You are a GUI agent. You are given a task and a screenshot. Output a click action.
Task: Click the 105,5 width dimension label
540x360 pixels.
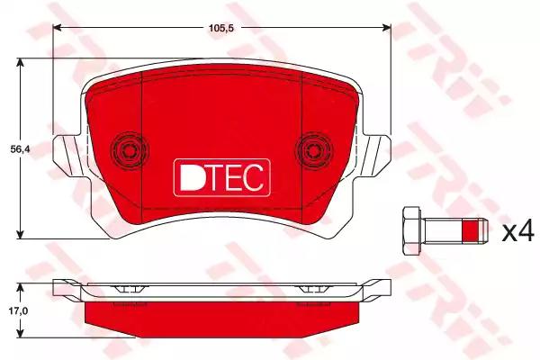[221, 28]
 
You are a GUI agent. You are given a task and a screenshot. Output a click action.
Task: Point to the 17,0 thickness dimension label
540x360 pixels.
[19, 311]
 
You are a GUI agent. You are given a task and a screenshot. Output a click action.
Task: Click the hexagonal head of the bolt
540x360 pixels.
[411, 230]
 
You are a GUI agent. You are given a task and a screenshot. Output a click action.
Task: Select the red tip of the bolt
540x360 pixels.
[471, 230]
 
